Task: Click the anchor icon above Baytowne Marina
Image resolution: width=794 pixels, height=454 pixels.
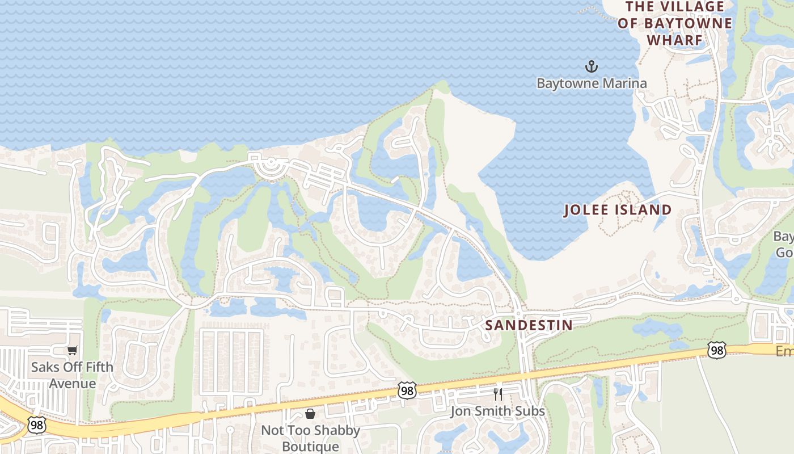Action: tap(592, 67)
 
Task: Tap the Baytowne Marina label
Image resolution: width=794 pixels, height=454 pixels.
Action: tap(592, 83)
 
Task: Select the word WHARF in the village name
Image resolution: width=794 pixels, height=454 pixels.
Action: tap(675, 40)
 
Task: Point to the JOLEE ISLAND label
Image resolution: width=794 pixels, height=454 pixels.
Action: tap(618, 210)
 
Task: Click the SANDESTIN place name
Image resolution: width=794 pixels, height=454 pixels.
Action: tap(529, 325)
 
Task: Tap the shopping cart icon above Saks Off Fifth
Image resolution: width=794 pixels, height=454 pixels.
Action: tap(72, 351)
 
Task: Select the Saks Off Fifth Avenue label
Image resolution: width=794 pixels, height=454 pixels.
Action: tap(72, 375)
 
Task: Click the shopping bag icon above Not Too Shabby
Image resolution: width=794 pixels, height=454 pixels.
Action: tap(310, 414)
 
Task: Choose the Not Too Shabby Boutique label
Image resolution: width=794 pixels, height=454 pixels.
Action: tap(310, 438)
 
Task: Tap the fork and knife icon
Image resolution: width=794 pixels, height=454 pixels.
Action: tap(498, 394)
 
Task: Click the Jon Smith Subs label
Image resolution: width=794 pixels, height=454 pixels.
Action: tap(497, 411)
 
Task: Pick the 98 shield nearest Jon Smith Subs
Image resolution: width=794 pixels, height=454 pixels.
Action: tap(407, 390)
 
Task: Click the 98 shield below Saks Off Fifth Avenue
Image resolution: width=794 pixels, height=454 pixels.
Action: tap(36, 425)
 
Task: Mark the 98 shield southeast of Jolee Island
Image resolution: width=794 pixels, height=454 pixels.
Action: tap(717, 351)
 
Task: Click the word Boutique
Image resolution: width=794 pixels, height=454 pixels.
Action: tap(310, 446)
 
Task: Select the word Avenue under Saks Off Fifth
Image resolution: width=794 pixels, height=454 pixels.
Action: tap(72, 383)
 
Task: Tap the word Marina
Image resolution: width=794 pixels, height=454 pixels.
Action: tap(625, 83)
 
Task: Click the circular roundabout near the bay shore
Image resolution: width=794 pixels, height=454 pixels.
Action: tap(271, 165)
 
